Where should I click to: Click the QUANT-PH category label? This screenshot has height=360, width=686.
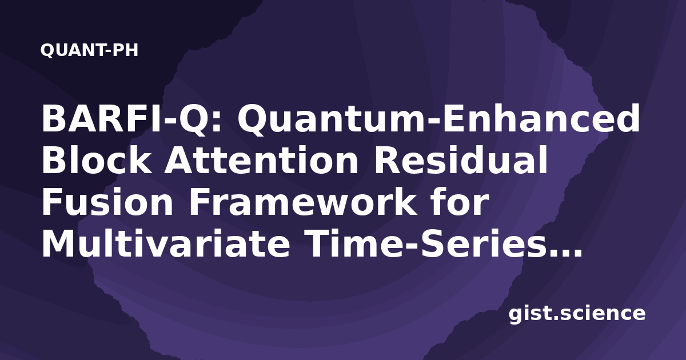point(89,50)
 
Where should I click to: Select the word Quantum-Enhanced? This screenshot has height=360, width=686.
point(438,119)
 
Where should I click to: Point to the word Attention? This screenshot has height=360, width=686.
point(261,161)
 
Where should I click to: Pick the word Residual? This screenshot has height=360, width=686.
point(460,160)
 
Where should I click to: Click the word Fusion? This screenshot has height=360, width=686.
point(107,202)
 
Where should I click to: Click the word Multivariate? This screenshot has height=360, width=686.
point(166,243)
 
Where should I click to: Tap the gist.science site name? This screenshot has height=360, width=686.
point(577,314)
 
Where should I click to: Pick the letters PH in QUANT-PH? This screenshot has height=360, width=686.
point(125,50)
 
